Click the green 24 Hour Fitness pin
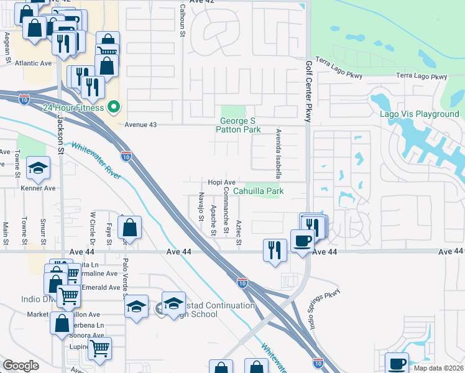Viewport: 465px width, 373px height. (113, 108)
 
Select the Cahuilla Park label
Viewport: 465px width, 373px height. (259, 191)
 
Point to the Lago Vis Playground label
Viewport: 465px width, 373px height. (420, 114)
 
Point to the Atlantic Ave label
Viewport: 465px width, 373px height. (34, 63)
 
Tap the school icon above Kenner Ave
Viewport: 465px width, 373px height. (38, 168)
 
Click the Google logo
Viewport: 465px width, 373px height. (21, 366)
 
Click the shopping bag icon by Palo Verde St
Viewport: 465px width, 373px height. (129, 227)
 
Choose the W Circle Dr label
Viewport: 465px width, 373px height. (93, 227)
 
